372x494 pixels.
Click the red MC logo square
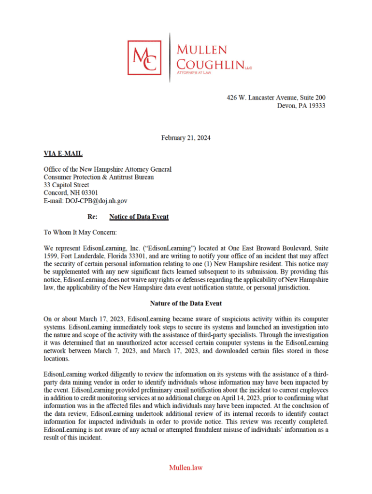[x=144, y=57]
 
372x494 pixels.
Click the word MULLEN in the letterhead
[x=201, y=50]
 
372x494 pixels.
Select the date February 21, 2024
[x=186, y=138]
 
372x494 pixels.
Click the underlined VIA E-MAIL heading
[x=63, y=154]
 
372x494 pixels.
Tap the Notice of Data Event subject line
[x=139, y=217]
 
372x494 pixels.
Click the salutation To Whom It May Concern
[x=80, y=232]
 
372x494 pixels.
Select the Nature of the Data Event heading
[x=186, y=303]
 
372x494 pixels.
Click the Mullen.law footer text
[x=186, y=467]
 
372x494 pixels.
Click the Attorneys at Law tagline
[x=194, y=72]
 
